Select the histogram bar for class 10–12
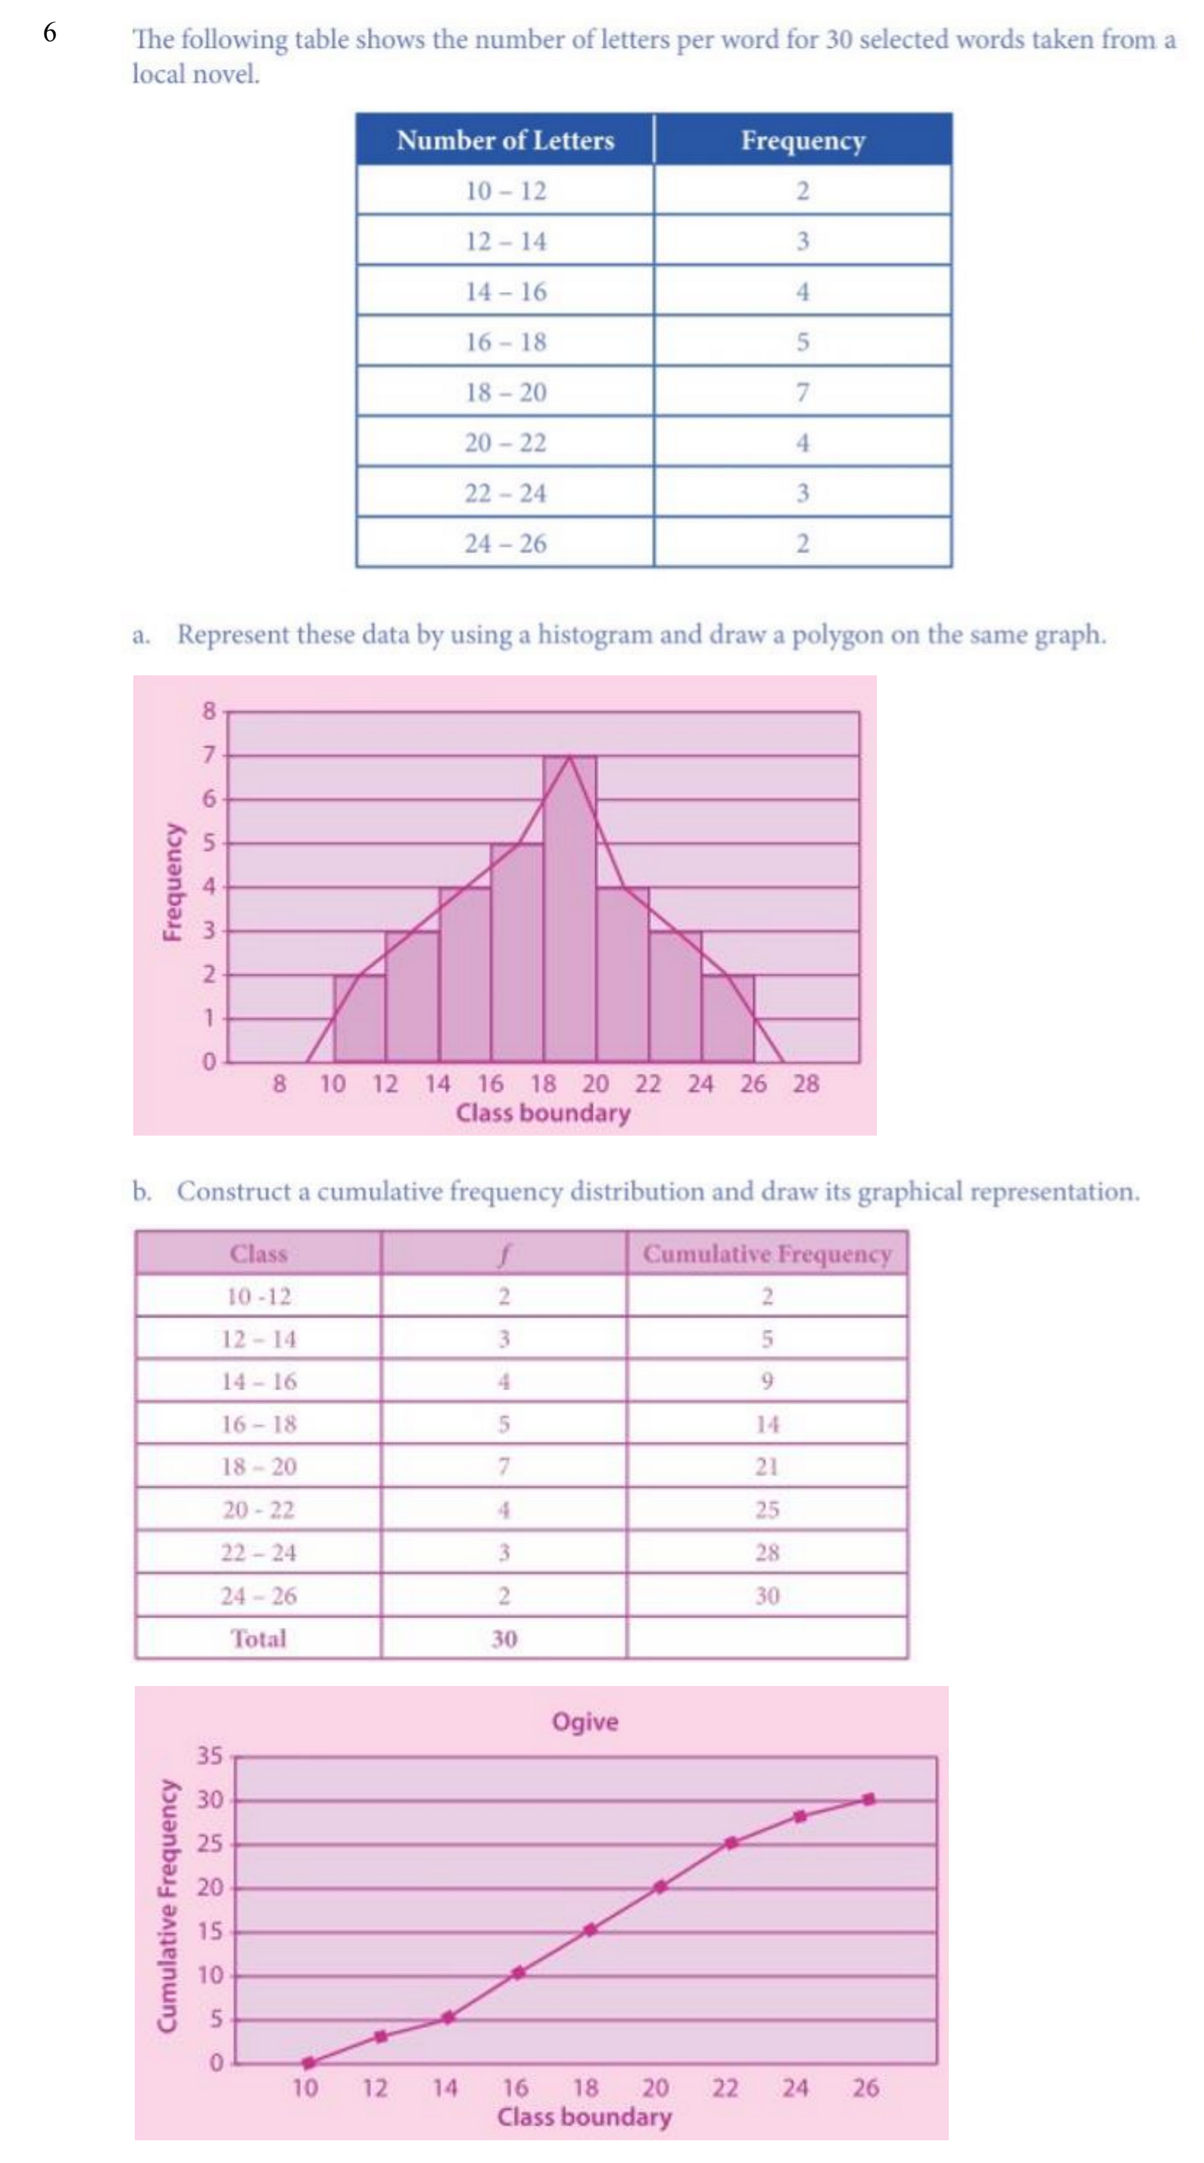click(x=360, y=1018)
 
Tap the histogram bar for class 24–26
click(x=727, y=1018)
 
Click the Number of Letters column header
click(x=504, y=140)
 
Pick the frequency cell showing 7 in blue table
click(x=802, y=392)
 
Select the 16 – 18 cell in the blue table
click(x=505, y=341)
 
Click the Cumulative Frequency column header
click(x=766, y=1254)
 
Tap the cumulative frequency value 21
click(x=766, y=1466)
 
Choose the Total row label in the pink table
click(x=259, y=1638)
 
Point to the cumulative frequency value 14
click(x=766, y=1424)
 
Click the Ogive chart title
click(x=585, y=1722)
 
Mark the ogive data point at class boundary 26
click(x=868, y=1800)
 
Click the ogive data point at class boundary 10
click(x=308, y=2062)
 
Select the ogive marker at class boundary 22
click(x=731, y=1843)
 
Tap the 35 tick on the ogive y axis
click(x=210, y=1756)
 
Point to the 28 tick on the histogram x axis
click(x=805, y=1084)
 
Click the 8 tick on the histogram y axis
click(x=209, y=711)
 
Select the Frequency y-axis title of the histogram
click(x=172, y=882)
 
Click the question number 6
click(x=51, y=33)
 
